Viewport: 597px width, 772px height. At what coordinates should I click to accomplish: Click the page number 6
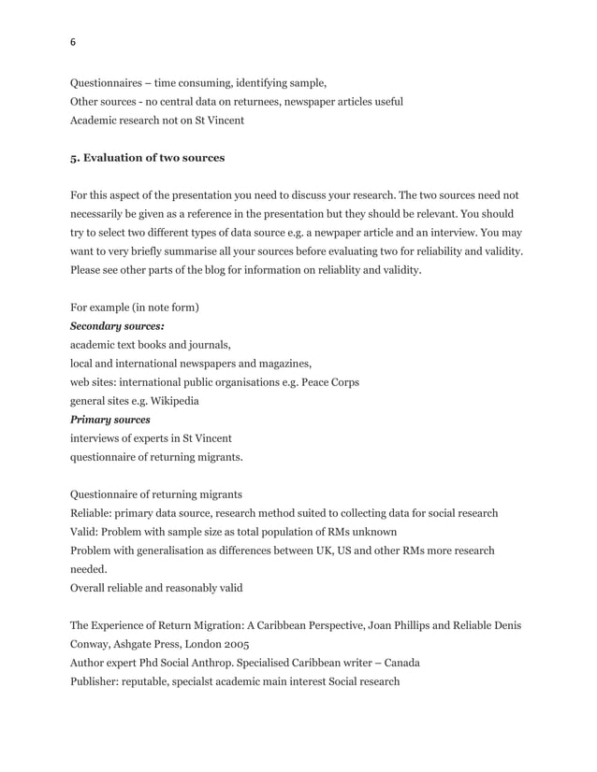coord(73,42)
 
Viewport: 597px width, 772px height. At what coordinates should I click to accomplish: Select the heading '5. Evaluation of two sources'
coord(148,158)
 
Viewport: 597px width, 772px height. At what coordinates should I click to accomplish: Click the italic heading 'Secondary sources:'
coord(118,326)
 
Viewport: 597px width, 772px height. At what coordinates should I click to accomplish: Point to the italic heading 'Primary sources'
coord(110,420)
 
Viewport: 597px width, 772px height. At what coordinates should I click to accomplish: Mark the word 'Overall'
coord(90,588)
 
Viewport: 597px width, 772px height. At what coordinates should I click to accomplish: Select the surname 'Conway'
coord(93,644)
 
